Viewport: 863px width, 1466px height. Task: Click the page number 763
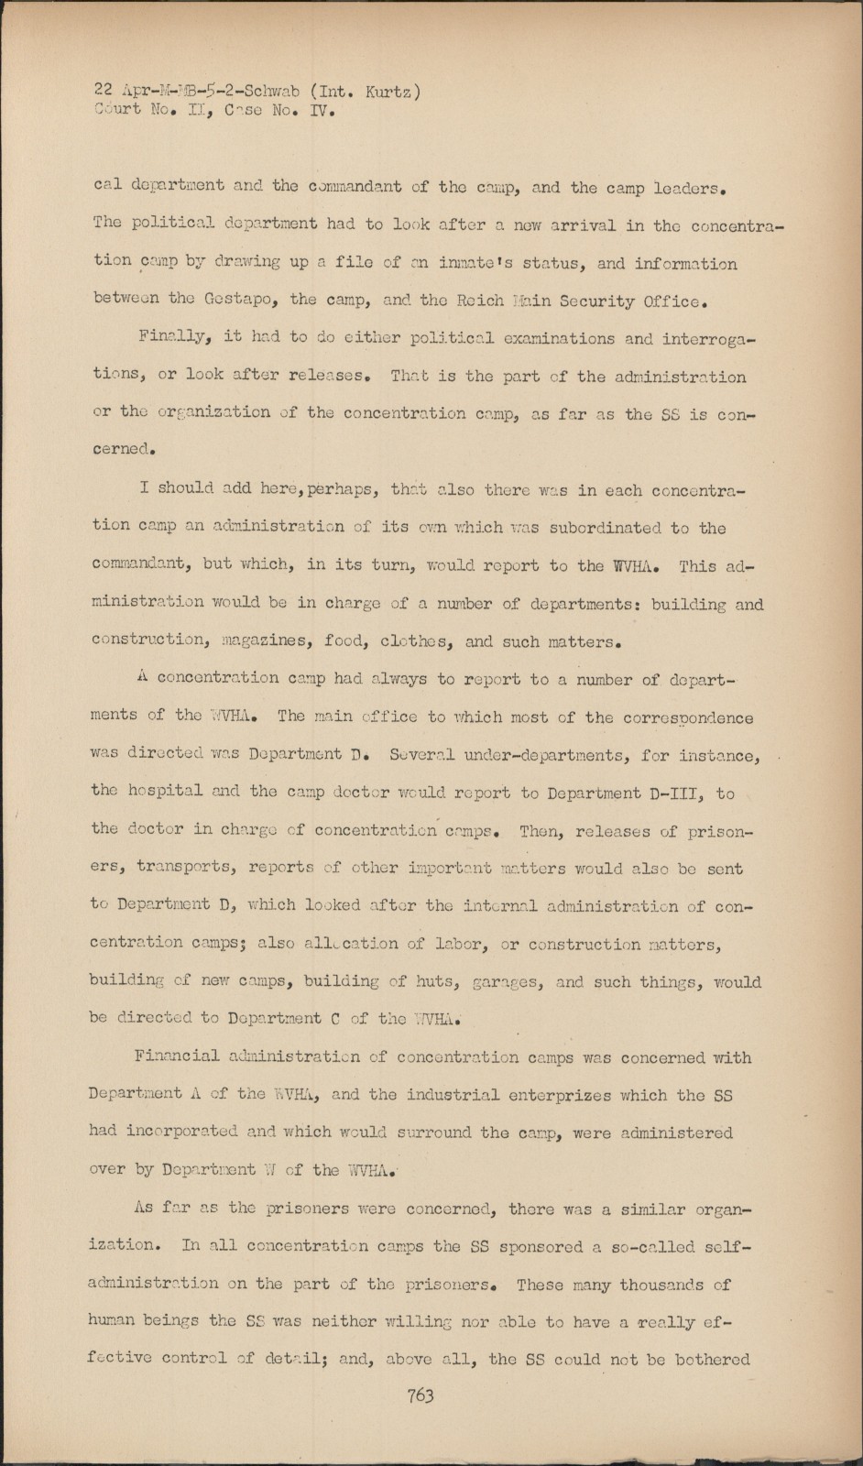coord(421,1395)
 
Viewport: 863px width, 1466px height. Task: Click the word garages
coord(508,981)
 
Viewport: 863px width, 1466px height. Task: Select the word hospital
coord(166,792)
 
